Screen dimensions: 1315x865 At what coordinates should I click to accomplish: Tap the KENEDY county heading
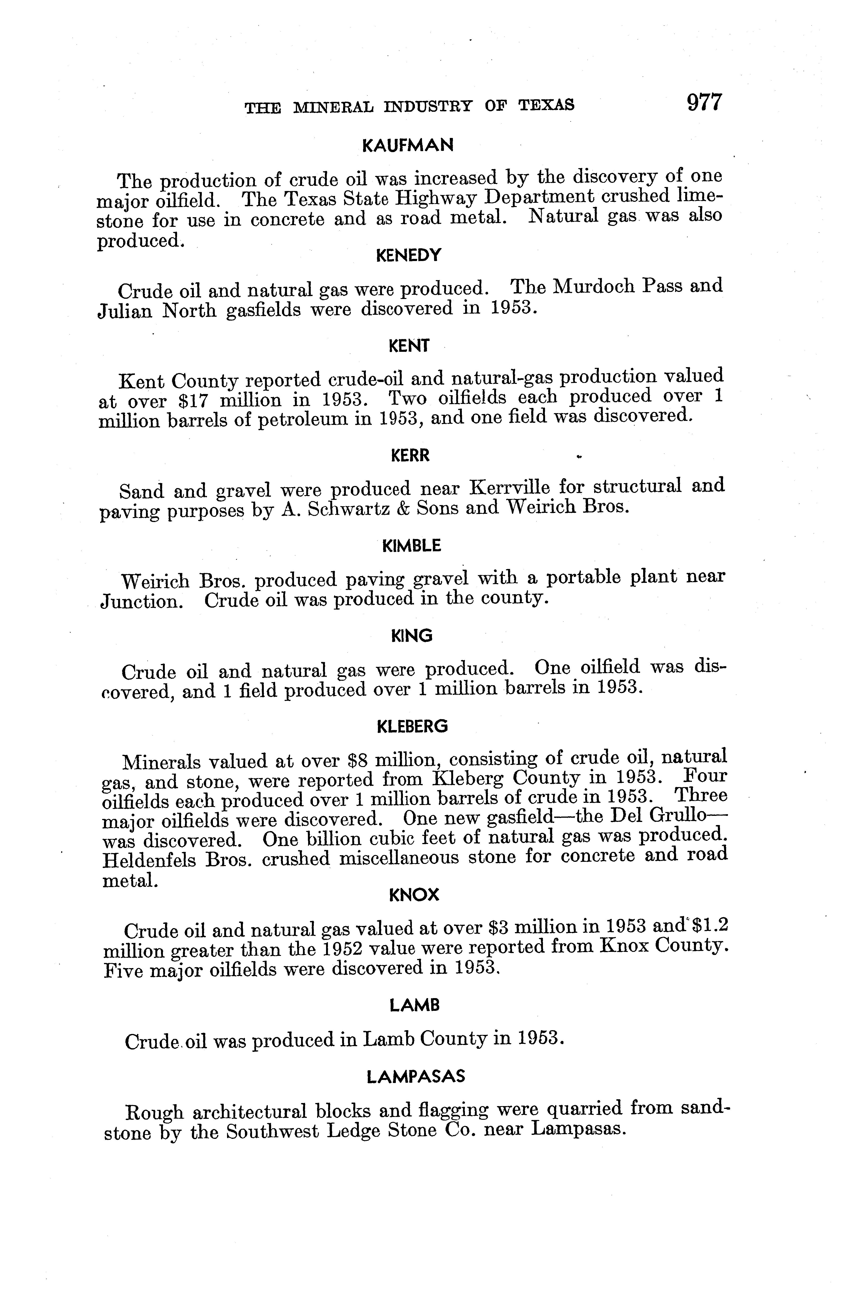click(x=409, y=255)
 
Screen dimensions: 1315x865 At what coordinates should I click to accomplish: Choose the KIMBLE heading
click(x=411, y=546)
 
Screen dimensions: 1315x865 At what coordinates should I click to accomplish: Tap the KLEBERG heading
click(x=412, y=726)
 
